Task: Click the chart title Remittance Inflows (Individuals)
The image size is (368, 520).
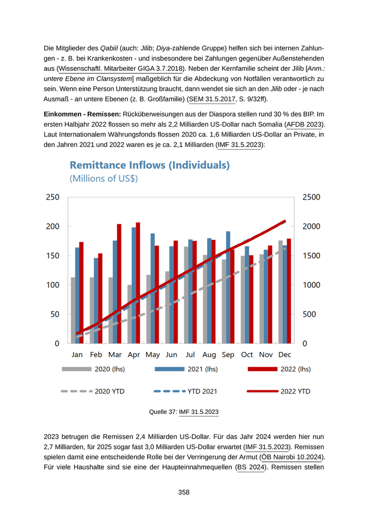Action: click(x=150, y=165)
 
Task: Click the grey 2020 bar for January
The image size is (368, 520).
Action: click(x=73, y=310)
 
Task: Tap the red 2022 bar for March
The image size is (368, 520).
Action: click(x=119, y=284)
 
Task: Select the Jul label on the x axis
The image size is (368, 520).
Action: click(x=190, y=355)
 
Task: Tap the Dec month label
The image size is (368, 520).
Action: click(x=284, y=355)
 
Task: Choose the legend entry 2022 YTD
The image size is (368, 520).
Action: click(x=295, y=391)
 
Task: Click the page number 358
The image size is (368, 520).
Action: click(x=183, y=492)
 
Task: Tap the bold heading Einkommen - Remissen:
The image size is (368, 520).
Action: click(x=83, y=114)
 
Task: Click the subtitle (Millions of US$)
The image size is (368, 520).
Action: click(x=104, y=179)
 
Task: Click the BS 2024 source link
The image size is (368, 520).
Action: click(x=250, y=467)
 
